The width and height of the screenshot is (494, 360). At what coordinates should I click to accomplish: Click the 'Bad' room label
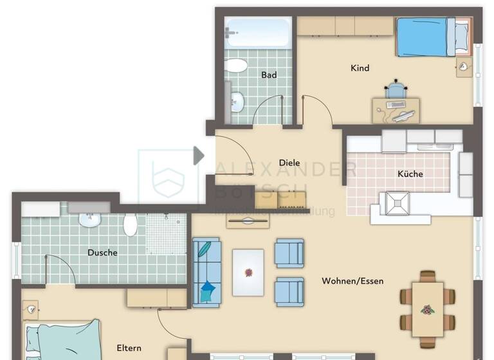pos(269,75)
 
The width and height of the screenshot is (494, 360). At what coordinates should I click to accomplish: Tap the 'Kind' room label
pos(360,68)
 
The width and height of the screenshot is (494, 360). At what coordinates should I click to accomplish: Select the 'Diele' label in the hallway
pos(289,163)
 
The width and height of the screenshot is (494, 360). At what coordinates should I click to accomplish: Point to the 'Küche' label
pos(410,174)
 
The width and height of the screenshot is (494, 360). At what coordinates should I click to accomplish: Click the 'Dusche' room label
pos(102,253)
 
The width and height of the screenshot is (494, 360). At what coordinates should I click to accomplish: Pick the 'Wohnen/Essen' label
pos(352,281)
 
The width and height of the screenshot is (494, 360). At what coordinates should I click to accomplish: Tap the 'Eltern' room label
pos(129,348)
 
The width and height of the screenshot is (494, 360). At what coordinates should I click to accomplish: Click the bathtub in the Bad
pos(257,32)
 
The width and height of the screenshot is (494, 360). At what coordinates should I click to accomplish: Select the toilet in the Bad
pos(237,66)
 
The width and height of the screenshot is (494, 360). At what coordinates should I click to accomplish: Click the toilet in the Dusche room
pos(130,225)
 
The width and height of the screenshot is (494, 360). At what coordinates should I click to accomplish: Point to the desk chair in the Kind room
pos(396,89)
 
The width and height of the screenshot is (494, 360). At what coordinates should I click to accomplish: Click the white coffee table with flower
pos(248,273)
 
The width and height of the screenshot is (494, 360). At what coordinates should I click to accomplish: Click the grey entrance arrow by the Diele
pos(198,155)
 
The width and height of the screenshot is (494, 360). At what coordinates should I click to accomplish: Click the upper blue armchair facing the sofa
pos(289,253)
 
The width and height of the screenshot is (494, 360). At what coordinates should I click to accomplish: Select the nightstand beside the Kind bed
pos(464,67)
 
